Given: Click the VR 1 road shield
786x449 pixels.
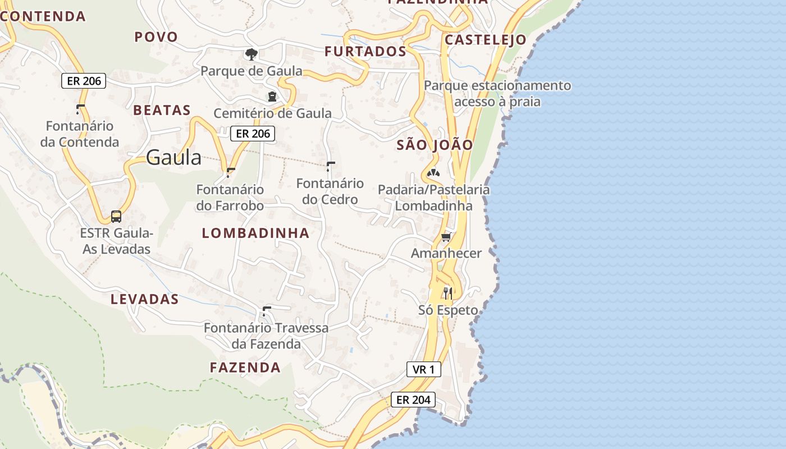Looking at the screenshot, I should pyautogui.click(x=424, y=369).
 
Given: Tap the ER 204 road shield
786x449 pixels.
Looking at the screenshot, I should pyautogui.click(x=413, y=400).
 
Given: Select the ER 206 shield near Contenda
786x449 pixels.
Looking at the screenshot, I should pyautogui.click(x=84, y=81).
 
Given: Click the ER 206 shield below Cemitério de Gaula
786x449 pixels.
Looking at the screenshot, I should pyautogui.click(x=253, y=134).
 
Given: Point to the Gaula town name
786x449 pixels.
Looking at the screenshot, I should pyautogui.click(x=173, y=158).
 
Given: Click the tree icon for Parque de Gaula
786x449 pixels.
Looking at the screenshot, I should pyautogui.click(x=252, y=54).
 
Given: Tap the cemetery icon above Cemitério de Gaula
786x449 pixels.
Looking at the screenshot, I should pyautogui.click(x=272, y=97).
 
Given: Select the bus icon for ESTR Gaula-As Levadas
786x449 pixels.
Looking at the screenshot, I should pyautogui.click(x=116, y=217).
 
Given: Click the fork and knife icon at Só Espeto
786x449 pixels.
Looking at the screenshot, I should pyautogui.click(x=447, y=293).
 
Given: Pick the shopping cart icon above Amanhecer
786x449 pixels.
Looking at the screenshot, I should pyautogui.click(x=446, y=237).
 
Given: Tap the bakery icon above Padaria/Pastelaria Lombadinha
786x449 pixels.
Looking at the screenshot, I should pyautogui.click(x=433, y=173).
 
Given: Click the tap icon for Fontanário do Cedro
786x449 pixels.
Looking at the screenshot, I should pyautogui.click(x=330, y=166).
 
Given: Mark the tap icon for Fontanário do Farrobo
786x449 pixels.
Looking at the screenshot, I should pyautogui.click(x=230, y=172).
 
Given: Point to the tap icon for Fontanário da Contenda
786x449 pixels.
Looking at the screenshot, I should pyautogui.click(x=80, y=109).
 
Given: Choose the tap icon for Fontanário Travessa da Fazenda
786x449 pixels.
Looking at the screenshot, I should pyautogui.click(x=266, y=311).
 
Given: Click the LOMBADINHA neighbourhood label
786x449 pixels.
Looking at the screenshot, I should pyautogui.click(x=255, y=233).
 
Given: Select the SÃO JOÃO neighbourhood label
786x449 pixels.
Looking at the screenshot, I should pyautogui.click(x=435, y=145).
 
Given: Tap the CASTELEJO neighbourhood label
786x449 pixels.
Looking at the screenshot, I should pyautogui.click(x=485, y=40).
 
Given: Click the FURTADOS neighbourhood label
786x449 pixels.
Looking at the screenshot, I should pyautogui.click(x=365, y=52).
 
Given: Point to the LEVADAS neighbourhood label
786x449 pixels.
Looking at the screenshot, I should pyautogui.click(x=144, y=299).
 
